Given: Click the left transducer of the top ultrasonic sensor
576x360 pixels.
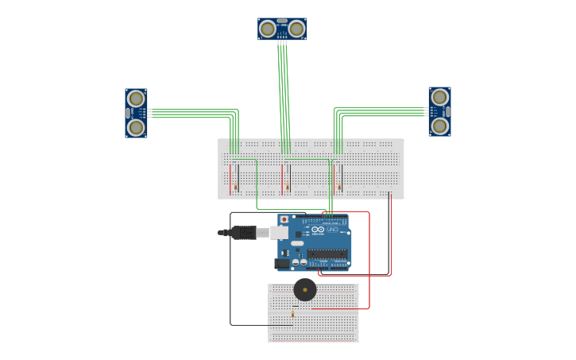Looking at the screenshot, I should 268,29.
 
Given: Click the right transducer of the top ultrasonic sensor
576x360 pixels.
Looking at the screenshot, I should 296,29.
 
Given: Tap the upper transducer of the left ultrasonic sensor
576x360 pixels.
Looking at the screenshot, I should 137,99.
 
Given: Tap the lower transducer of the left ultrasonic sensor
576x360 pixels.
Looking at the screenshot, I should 137,127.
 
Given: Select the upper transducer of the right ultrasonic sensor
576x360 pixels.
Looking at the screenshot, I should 439,97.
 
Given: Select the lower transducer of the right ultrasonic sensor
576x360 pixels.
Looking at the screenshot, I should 439,126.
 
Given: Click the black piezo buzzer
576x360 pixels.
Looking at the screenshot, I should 305,289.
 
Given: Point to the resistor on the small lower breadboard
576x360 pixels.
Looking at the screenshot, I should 292,313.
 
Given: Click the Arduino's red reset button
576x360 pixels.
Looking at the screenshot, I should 284,219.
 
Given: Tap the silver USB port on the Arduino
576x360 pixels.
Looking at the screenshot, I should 280,232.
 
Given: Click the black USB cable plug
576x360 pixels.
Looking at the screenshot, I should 245,232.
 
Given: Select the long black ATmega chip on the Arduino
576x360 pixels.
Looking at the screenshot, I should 327,254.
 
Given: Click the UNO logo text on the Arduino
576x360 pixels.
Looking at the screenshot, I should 332,230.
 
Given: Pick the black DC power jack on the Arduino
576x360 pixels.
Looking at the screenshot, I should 281,263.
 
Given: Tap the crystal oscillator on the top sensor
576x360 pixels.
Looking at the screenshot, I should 282,21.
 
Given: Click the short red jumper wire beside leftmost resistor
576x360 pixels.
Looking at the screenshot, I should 230,178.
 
